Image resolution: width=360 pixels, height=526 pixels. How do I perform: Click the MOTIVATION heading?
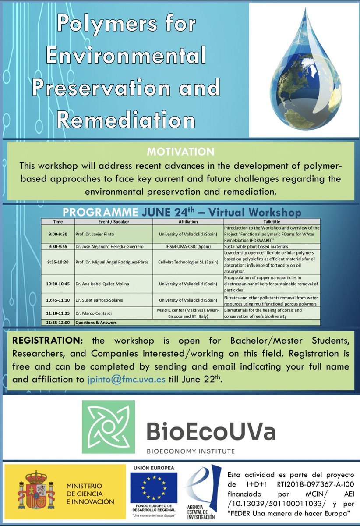(x=180, y=152)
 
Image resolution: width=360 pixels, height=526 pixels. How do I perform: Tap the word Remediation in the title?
(x=126, y=120)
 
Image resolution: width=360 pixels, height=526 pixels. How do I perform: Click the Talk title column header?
(x=271, y=222)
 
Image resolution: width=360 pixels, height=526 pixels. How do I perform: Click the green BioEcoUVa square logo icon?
(x=108, y=426)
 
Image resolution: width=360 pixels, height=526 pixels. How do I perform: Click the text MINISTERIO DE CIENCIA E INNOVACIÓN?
(x=90, y=494)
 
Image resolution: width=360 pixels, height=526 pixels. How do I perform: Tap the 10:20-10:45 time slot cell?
(x=58, y=283)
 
